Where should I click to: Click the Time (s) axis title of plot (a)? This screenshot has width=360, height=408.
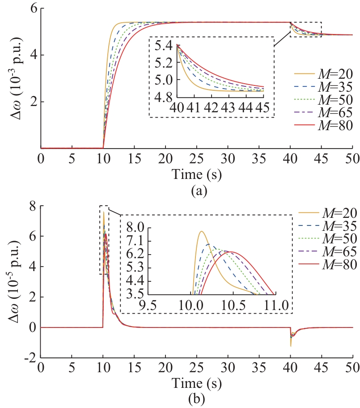[197, 173]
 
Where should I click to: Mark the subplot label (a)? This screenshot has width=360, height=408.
[197, 191]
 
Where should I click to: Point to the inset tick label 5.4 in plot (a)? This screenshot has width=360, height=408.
[164, 46]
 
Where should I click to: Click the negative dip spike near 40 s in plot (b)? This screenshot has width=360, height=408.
[291, 346]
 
